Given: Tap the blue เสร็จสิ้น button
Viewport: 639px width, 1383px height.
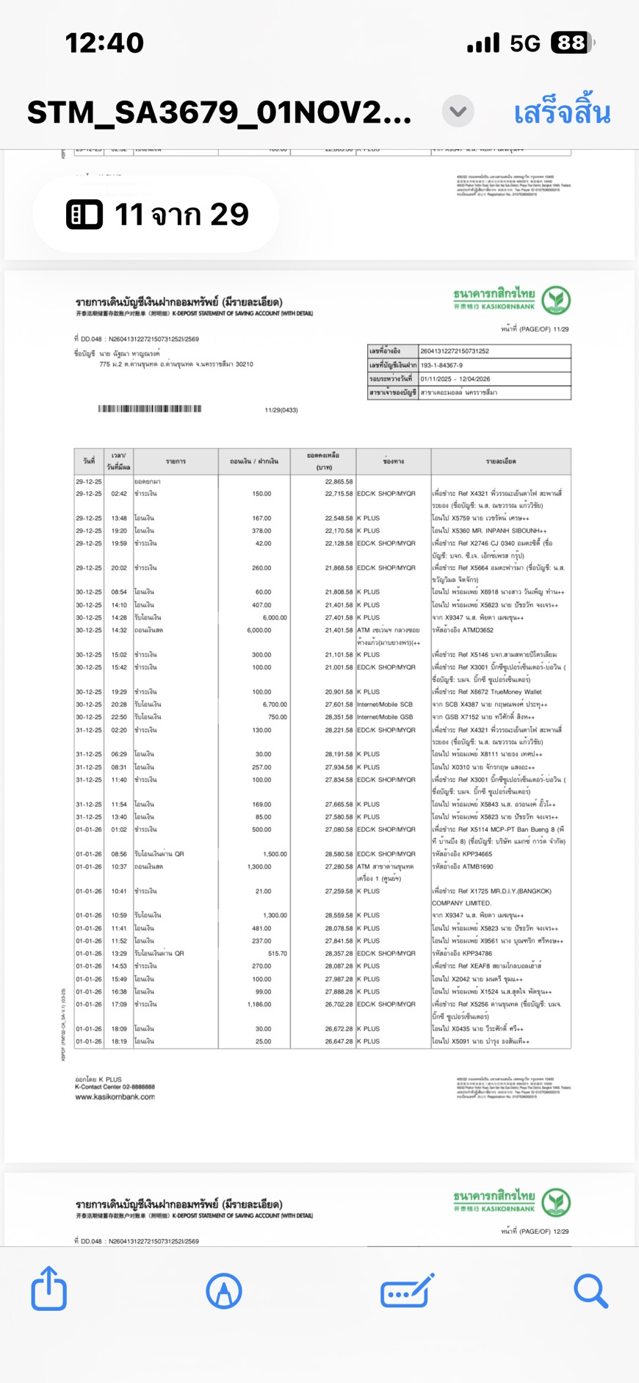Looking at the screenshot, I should pos(562,112).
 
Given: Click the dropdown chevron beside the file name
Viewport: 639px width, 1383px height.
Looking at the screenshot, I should pos(458,112).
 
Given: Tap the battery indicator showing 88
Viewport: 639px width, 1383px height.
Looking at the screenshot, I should pos(572,43).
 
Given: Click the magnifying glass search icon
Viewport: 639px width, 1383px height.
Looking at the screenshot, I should pos(591,1290).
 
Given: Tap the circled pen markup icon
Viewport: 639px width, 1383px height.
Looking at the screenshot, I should pos(224,1290).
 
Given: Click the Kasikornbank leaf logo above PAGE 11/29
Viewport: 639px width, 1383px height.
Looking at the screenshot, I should pos(556,300).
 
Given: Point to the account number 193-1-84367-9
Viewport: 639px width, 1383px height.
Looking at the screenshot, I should pos(441,365).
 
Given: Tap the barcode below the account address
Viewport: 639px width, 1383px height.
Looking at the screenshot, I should pos(150,409).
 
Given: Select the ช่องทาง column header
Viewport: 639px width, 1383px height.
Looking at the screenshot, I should pos(393,461).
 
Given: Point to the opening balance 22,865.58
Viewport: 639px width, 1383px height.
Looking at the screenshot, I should pos(339,481).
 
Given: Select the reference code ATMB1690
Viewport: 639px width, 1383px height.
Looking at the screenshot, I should pos(478,867).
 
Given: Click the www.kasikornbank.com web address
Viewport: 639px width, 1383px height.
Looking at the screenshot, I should pos(115,1097).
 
